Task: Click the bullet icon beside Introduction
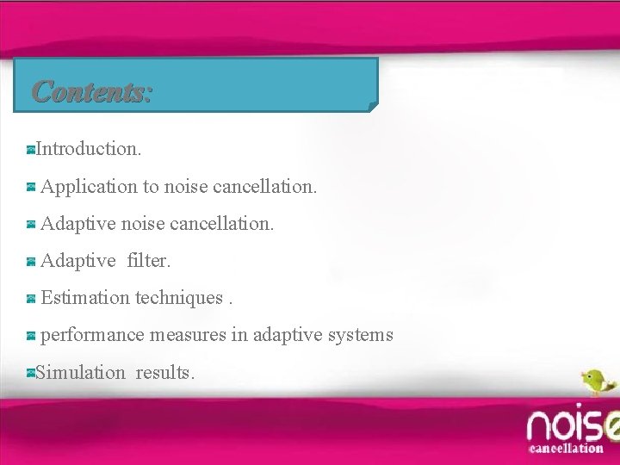pos(30,150)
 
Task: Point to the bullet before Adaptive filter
pos(31,261)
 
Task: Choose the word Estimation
pos(85,298)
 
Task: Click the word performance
pos(92,335)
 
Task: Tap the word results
pos(165,373)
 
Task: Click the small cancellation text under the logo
pos(566,448)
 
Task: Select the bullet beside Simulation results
pos(30,374)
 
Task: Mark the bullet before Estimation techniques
pos(31,299)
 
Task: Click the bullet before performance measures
pos(31,336)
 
